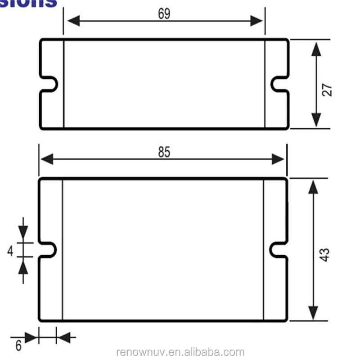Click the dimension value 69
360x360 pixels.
164,14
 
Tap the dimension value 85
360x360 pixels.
164,153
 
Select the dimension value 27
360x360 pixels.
327,90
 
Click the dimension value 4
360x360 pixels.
10,250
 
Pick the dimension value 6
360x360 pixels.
18,346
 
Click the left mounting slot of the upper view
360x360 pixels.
49,84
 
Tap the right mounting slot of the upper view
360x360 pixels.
279,84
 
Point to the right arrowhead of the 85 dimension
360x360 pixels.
278,159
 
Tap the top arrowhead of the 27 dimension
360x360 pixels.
316,48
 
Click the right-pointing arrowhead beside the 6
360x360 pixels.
31,337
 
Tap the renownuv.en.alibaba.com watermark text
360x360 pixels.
180,352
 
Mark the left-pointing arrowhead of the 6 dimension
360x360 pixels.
63,337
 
